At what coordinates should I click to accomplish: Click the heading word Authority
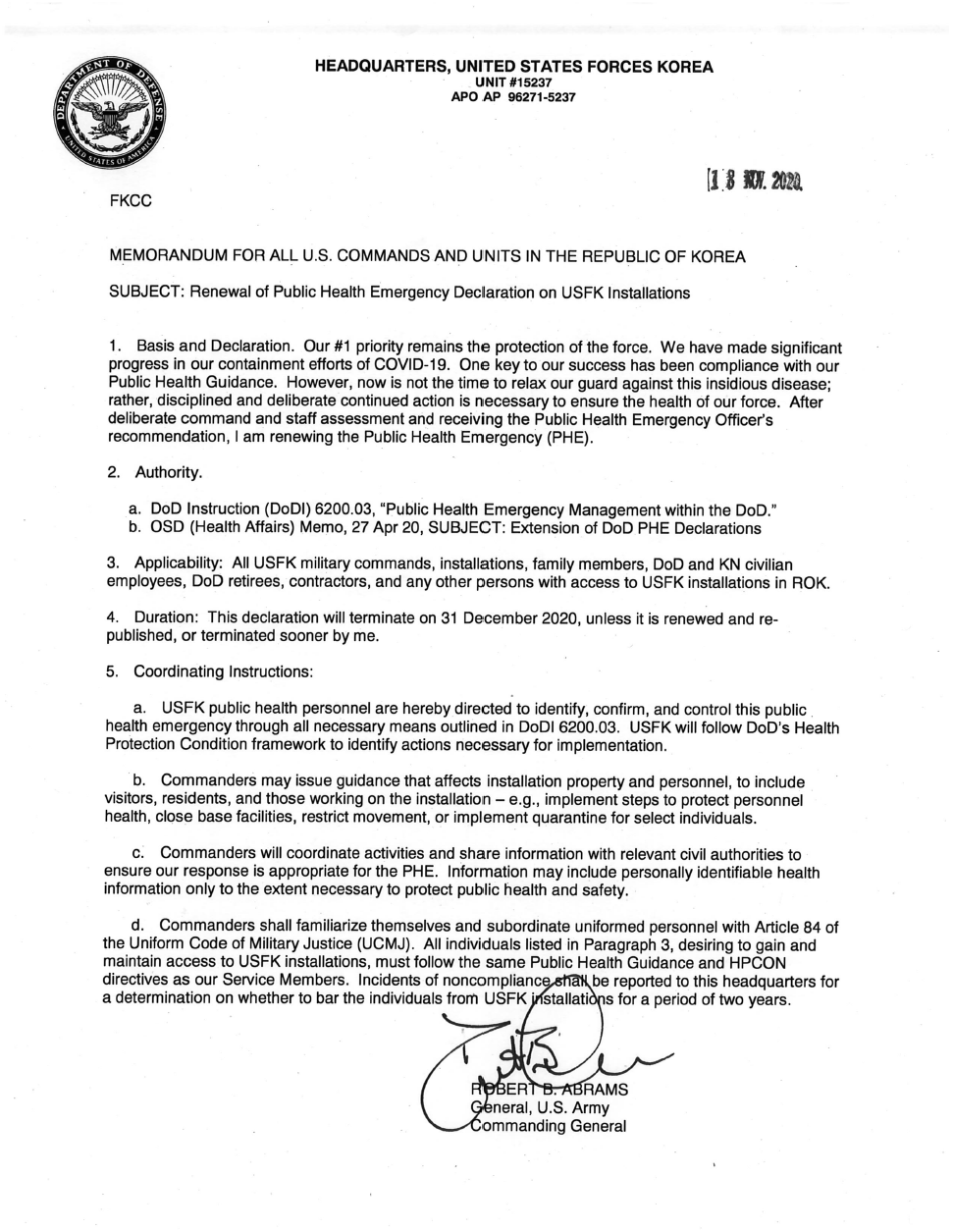click(x=169, y=472)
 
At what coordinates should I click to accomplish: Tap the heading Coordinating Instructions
click(x=224, y=671)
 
